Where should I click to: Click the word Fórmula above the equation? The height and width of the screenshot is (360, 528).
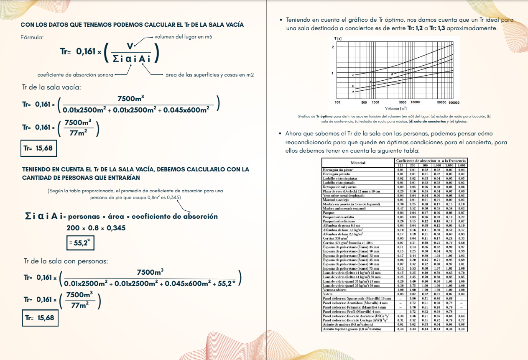[32, 38]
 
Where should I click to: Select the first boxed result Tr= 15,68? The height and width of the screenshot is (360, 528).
[38, 148]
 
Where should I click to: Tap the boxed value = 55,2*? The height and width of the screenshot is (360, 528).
[79, 243]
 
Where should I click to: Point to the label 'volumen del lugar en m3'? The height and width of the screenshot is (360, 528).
[183, 37]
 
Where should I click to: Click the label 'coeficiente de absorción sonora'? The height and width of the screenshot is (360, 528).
[75, 75]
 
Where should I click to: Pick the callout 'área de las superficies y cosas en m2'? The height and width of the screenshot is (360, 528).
[209, 75]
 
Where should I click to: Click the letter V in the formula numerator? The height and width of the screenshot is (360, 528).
[130, 46]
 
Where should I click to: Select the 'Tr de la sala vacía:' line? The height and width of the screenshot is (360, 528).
[51, 87]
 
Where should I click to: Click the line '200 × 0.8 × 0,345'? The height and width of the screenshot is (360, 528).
[96, 228]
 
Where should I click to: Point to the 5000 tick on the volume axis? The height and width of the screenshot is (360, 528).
[403, 102]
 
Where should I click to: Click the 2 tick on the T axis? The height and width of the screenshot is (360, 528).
[333, 47]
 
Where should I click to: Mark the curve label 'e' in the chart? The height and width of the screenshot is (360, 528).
[353, 75]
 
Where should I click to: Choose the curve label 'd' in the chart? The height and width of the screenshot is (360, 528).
[392, 74]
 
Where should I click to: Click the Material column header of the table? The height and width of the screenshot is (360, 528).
[358, 163]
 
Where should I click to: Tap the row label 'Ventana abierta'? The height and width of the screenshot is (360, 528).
[335, 289]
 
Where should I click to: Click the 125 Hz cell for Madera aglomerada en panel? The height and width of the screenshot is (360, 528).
[400, 208]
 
